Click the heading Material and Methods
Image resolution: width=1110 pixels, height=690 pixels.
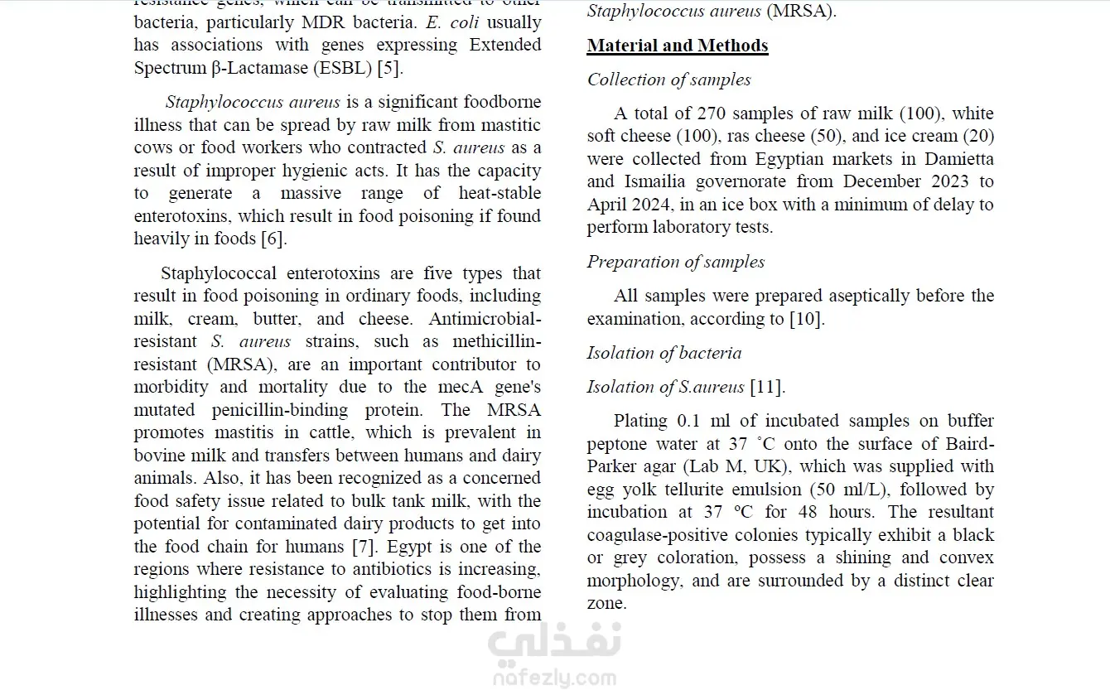point(677,46)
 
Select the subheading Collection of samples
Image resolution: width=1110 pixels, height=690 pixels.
point(668,80)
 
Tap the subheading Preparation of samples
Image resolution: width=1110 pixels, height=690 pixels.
point(675,262)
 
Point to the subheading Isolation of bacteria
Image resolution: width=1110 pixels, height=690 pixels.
point(664,353)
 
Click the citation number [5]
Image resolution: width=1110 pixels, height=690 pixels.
point(389,68)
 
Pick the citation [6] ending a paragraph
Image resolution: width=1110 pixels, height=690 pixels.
point(273,239)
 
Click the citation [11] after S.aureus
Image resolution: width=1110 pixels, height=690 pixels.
point(767,387)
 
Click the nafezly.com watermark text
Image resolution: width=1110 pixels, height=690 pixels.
point(555,679)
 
